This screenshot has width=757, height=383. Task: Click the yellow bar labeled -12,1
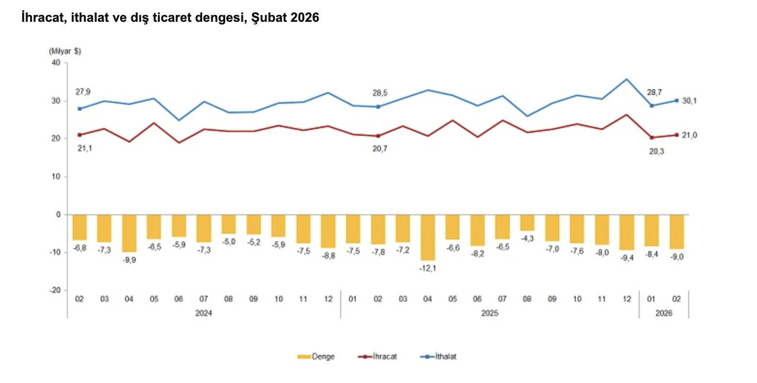(427, 237)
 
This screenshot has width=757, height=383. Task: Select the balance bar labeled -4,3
(527, 223)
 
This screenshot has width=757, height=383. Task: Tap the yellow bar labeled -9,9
(129, 233)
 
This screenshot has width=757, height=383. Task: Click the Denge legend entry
(315, 356)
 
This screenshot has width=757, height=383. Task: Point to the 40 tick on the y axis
(56, 63)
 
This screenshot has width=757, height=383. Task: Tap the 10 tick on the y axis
(56, 176)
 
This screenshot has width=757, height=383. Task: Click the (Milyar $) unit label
(65, 51)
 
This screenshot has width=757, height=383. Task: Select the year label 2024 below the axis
(204, 313)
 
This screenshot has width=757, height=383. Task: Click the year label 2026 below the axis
(664, 313)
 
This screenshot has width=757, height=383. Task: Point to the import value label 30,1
(689, 101)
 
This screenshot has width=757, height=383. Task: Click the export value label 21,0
(689, 135)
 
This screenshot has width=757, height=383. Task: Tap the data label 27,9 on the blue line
(83, 92)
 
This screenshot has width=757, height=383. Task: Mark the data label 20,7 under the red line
(379, 148)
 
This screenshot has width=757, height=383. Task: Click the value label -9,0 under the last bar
(676, 257)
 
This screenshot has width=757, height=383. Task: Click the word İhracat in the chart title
(44, 18)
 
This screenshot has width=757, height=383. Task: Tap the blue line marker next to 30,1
(677, 101)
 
